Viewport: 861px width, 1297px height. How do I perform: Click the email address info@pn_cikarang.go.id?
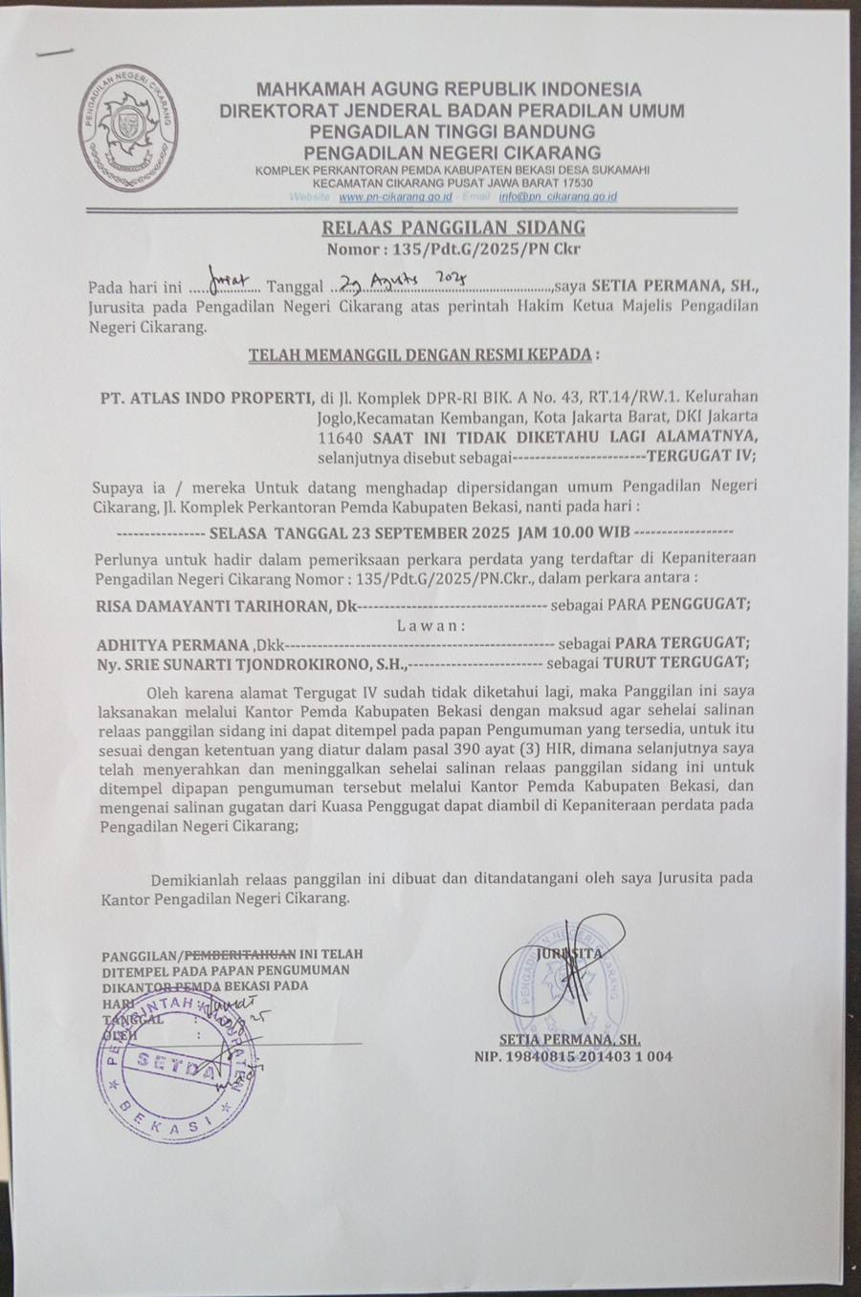pos(557,197)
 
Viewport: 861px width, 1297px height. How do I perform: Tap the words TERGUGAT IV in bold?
pos(701,455)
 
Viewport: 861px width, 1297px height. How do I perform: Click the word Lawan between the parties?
pos(430,625)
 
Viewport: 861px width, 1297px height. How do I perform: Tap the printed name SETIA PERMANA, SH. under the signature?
pos(570,1039)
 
